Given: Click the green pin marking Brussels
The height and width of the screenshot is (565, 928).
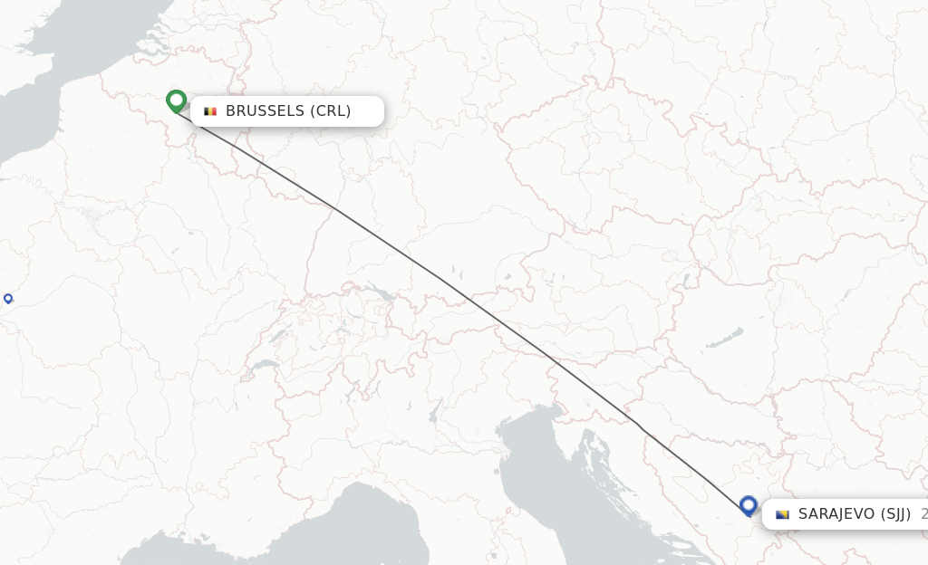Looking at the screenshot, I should pos(176,101).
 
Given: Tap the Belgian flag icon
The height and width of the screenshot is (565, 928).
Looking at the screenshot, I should pos(210,111).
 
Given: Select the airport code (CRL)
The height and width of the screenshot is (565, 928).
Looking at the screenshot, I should pos(330,111).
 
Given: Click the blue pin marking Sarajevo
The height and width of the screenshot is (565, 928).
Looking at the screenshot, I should pos(748,504).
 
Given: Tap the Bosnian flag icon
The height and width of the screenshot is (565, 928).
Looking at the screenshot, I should pos(783,514).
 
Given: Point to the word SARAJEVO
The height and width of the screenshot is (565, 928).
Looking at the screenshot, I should pos(836,514).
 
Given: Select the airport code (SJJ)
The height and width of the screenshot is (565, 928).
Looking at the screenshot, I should pos(895,514).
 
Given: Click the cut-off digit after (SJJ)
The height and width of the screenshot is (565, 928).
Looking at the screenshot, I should pos(923,514).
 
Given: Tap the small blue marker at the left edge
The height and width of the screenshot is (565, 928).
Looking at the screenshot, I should pos(8,298).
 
